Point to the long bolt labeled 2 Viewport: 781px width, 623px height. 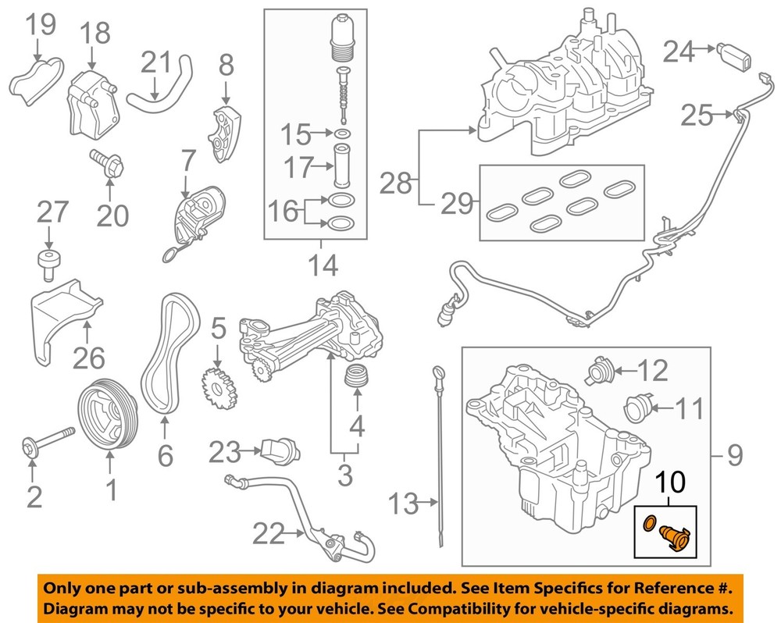tap(48, 441)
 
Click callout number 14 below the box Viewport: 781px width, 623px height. tap(321, 265)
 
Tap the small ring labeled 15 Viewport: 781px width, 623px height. tap(341, 135)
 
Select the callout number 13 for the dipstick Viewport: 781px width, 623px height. tap(405, 504)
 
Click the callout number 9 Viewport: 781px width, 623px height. tap(735, 455)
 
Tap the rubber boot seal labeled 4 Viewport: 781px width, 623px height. tap(358, 378)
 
